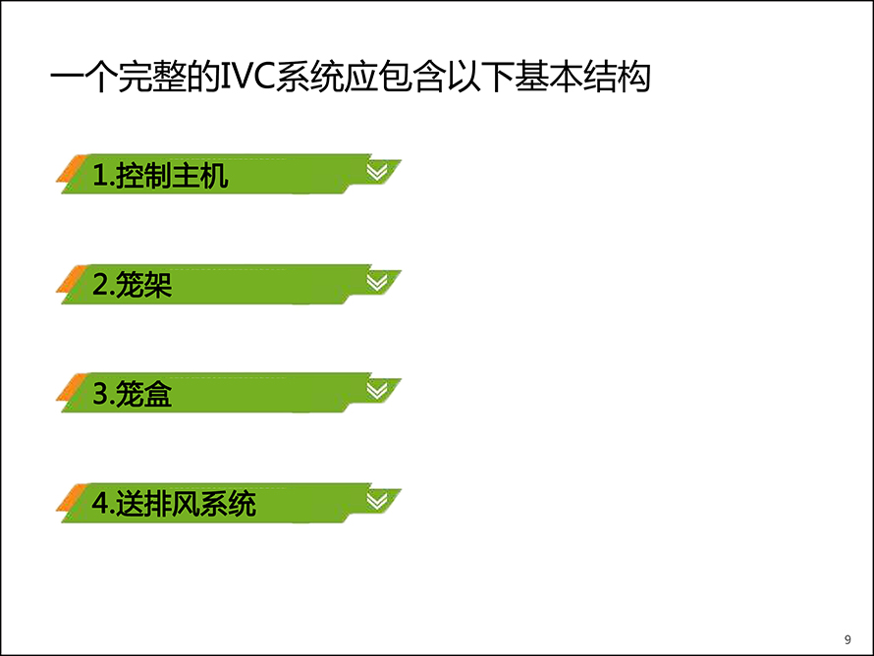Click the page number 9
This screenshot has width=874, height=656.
tap(847, 639)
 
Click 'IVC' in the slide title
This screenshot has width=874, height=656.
tap(248, 76)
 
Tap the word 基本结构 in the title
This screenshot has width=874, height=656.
tap(582, 76)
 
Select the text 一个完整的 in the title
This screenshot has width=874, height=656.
tap(136, 76)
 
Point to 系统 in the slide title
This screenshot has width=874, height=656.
tap(309, 76)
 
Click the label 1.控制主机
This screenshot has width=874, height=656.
tap(160, 176)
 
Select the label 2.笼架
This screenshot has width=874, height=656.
tap(132, 285)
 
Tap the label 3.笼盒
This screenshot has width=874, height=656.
tap(132, 394)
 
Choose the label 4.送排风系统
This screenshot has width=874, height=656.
tap(174, 503)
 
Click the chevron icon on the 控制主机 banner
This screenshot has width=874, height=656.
tap(377, 173)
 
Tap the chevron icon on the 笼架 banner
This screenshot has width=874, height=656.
tap(377, 283)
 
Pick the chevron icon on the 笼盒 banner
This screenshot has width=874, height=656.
tap(377, 391)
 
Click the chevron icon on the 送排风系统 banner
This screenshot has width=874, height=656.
tap(377, 501)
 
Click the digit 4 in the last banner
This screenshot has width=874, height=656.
tap(100, 503)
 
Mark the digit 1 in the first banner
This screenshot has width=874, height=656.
tap(100, 176)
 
